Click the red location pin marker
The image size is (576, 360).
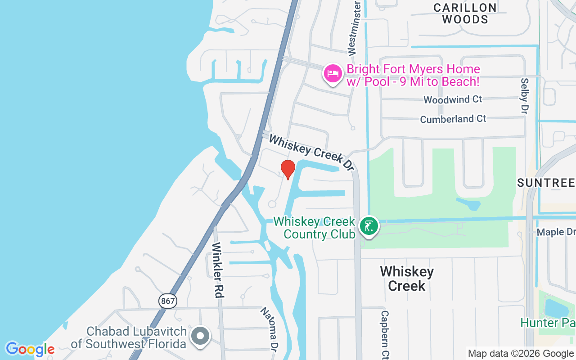coord(288,169)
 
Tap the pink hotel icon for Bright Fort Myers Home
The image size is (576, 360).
coord(333,73)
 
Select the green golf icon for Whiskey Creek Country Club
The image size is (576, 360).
coord(369,226)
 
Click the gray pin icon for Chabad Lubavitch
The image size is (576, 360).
coord(200,336)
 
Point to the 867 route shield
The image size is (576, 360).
coord(167,301)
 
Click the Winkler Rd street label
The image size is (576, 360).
coord(218,270)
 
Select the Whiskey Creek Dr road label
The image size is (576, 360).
coord(311,152)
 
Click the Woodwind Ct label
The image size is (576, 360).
coord(452,99)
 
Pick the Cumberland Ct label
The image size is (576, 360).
coord(453,119)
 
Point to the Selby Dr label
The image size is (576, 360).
coord(524,96)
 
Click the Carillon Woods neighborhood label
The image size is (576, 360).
coord(465,13)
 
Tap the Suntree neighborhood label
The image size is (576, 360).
coord(546,183)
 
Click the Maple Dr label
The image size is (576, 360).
coord(556,232)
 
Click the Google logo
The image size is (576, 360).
coord(30,349)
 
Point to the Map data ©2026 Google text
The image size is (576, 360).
coord(521,354)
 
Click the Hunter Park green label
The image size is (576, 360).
coord(548,323)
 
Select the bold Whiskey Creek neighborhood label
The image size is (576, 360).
coord(407,279)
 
